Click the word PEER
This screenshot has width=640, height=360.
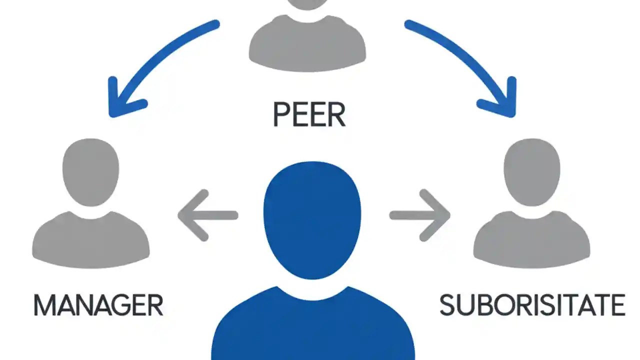tap(309, 114)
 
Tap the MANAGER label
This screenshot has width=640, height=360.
tap(98, 305)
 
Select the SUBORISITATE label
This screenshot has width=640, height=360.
tap(532, 305)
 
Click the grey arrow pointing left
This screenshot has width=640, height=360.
tap(207, 215)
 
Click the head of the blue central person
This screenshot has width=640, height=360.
tap(312, 220)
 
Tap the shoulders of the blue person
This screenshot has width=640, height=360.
tap(312, 325)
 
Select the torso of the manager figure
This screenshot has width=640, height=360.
tap(91, 237)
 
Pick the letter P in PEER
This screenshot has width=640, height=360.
tap(281, 114)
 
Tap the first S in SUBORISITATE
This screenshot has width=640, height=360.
tap(447, 305)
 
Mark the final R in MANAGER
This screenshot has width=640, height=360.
tap(155, 305)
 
